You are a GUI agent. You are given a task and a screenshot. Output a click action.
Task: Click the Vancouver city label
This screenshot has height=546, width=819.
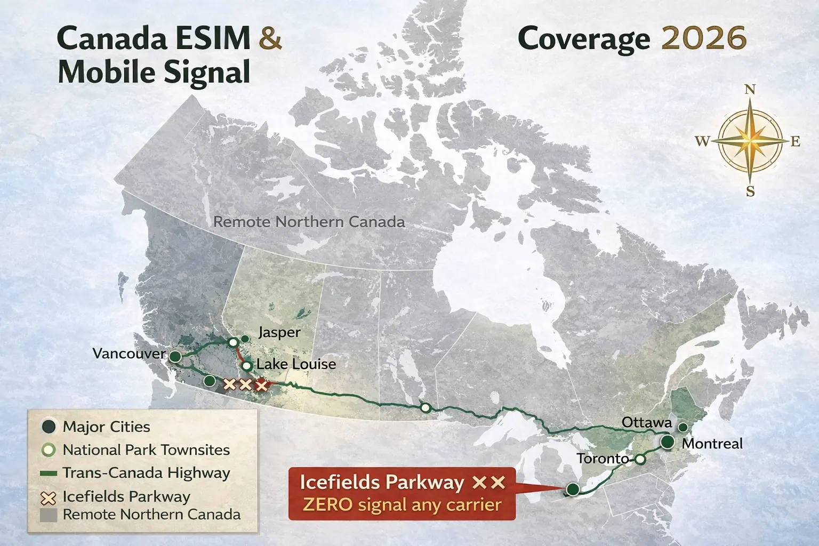[x=129, y=354]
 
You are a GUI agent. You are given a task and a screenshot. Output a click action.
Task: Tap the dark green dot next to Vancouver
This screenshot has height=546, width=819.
[x=175, y=356]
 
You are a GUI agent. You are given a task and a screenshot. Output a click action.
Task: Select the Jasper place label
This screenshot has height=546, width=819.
[x=279, y=332]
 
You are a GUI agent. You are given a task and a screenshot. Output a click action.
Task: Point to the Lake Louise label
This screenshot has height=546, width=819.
[x=296, y=364]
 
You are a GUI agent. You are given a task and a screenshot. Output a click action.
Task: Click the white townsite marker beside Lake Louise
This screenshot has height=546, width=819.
[x=247, y=366]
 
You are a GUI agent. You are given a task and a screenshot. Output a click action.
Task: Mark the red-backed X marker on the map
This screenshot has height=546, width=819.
[x=261, y=384]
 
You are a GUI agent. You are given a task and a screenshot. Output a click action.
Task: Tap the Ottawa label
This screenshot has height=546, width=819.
[x=647, y=423]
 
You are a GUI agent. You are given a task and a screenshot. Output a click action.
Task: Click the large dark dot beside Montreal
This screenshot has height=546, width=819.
[x=667, y=442]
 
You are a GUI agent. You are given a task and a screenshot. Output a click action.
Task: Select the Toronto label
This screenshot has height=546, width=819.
[x=603, y=459]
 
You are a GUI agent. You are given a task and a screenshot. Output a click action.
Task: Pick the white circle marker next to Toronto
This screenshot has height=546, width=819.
[x=640, y=459]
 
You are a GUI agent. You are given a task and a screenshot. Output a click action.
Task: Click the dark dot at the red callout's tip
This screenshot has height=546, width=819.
[x=573, y=489]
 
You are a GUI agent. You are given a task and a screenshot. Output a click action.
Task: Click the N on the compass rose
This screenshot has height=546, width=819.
[x=750, y=90]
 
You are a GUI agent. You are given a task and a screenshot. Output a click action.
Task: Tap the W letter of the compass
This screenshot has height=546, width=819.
[x=702, y=141]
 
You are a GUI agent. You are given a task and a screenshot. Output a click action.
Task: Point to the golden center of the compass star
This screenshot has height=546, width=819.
[x=750, y=141]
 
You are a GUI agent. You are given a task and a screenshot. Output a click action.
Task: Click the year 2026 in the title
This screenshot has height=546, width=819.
[x=703, y=38]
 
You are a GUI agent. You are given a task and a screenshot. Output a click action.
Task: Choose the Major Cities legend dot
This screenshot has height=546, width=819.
[x=49, y=427]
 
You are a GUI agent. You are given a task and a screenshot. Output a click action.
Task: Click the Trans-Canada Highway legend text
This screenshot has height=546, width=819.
[x=146, y=473]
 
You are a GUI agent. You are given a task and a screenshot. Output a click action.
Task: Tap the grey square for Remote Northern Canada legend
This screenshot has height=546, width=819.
[x=49, y=515]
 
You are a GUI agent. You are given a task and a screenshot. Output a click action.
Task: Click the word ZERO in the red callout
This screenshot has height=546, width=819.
[x=328, y=504]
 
